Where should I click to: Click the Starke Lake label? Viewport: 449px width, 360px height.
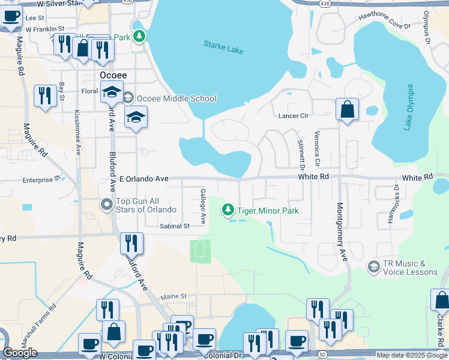coord(223,47)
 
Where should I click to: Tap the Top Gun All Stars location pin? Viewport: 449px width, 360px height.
coord(107,205)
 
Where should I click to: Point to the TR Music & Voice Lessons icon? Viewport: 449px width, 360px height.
coord(373,266)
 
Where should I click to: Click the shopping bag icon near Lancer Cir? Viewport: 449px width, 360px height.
coord(347,110)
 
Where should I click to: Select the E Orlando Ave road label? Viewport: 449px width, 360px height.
coord(144,179)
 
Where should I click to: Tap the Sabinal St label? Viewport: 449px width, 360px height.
coord(175,226)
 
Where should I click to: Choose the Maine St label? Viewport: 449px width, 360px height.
coord(173,296)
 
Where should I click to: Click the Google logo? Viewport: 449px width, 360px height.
coord(20,353)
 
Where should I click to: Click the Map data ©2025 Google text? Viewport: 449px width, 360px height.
coord(411,355)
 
